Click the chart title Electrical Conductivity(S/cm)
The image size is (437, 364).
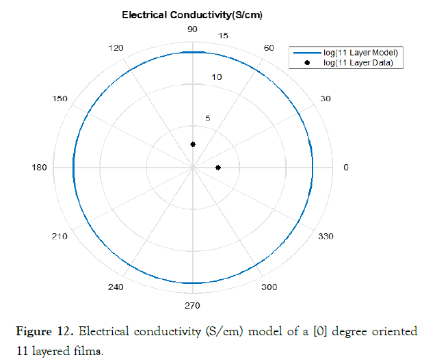[x=192, y=14]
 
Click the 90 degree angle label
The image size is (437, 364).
[x=193, y=29]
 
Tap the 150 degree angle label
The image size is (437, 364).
[x=59, y=99]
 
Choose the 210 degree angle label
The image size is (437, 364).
[x=59, y=237]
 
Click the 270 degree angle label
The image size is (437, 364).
[x=192, y=305]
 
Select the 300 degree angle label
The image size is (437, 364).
[x=269, y=287]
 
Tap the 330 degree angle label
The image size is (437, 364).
[x=326, y=237]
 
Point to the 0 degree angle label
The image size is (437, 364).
[x=345, y=168]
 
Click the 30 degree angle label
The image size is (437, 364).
[x=326, y=99]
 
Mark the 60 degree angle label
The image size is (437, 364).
[x=269, y=48]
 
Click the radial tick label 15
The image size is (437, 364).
[x=223, y=36]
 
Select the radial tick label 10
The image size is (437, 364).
[x=217, y=77]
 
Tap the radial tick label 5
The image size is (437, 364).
[x=208, y=118]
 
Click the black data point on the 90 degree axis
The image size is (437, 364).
[x=193, y=144]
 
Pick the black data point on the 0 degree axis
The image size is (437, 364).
[x=217, y=168]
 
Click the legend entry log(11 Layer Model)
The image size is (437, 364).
[x=360, y=53]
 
